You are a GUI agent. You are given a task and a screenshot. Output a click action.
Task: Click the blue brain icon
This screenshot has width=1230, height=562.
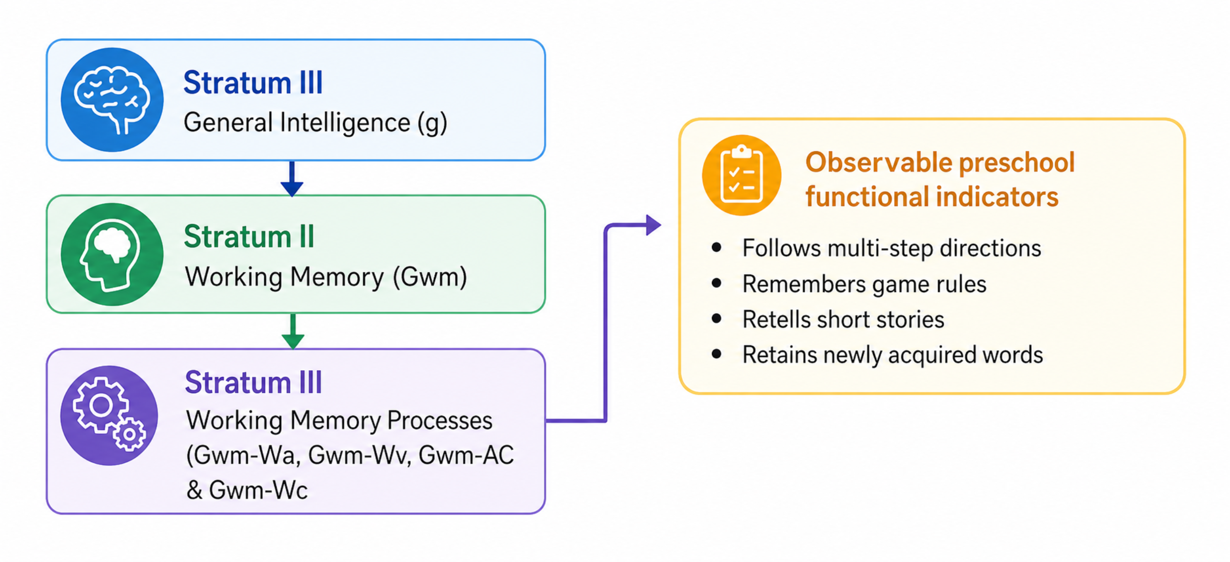(x=112, y=100)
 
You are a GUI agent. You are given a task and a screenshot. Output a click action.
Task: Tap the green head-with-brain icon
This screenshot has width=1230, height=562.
(x=112, y=254)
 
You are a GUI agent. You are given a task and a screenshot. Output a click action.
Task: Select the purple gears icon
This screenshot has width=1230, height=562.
(x=109, y=415)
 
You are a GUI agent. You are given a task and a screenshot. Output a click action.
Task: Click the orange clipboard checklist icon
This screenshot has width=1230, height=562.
(x=741, y=175)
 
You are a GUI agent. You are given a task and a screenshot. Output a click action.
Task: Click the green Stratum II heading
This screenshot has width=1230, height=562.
(x=249, y=237)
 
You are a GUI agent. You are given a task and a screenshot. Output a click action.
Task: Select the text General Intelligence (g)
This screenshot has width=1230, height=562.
(x=315, y=122)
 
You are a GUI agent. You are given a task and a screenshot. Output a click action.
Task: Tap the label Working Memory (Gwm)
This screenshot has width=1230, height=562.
(x=326, y=277)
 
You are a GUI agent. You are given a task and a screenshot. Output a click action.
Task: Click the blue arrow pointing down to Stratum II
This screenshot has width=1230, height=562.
(x=292, y=178)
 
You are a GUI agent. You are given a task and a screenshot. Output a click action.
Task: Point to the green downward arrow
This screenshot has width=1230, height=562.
(x=293, y=331)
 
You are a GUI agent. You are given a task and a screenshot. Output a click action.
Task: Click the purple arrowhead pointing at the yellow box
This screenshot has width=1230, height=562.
(x=653, y=225)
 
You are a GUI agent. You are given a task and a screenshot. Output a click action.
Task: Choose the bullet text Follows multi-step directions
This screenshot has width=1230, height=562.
(x=892, y=248)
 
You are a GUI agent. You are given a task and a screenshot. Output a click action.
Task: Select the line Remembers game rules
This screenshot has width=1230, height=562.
(x=864, y=284)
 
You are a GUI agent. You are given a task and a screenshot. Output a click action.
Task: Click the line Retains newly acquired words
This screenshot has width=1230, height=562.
(x=892, y=355)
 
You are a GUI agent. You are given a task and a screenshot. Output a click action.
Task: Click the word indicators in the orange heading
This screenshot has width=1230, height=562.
(x=997, y=197)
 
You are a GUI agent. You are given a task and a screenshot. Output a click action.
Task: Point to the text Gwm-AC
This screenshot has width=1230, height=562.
(x=466, y=455)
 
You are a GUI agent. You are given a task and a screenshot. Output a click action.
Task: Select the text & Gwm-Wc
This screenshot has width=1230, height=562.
(x=247, y=490)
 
